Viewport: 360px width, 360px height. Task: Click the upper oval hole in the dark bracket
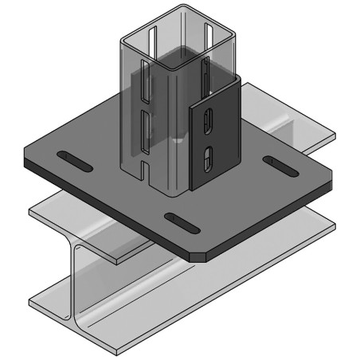[208, 121]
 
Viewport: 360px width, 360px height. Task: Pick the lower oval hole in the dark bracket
[207, 157]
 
